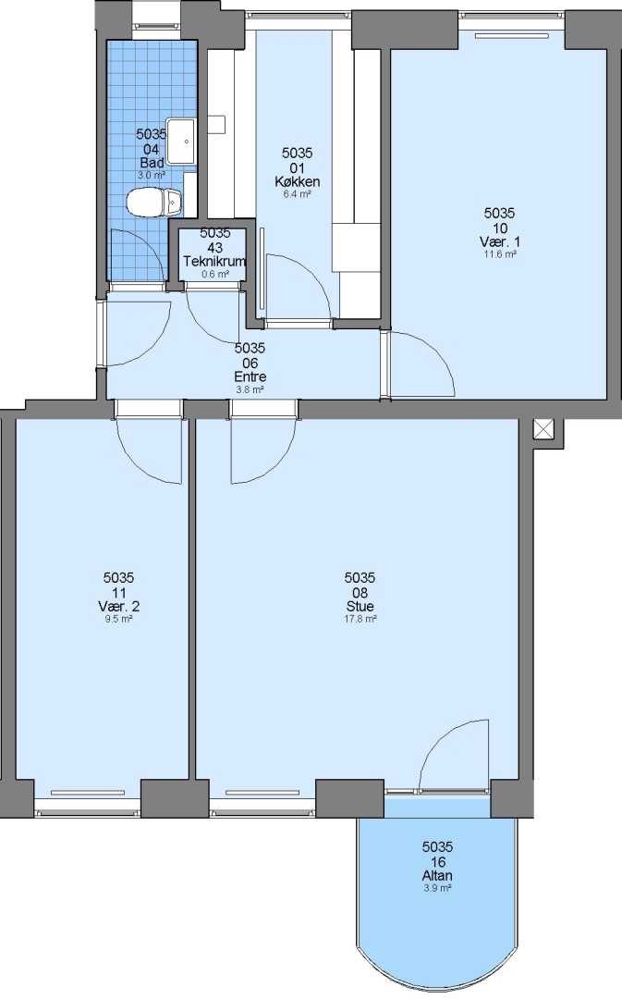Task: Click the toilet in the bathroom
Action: pyautogui.click(x=154, y=202)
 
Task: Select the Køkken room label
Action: pyautogui.click(x=298, y=181)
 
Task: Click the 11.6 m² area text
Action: pyautogui.click(x=500, y=253)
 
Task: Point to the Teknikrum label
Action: pyautogui.click(x=214, y=261)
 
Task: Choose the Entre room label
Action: pyautogui.click(x=250, y=376)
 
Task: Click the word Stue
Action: pyautogui.click(x=360, y=607)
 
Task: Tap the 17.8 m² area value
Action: pyautogui.click(x=360, y=619)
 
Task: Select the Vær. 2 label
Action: pyautogui.click(x=119, y=606)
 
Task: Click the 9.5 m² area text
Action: pyautogui.click(x=119, y=619)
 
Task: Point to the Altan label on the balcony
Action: pyautogui.click(x=437, y=875)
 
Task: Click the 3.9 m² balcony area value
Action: pyautogui.click(x=437, y=888)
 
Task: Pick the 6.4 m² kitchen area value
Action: pyautogui.click(x=298, y=194)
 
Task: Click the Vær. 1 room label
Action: pyautogui.click(x=500, y=241)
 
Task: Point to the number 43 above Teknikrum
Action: pyautogui.click(x=214, y=247)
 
